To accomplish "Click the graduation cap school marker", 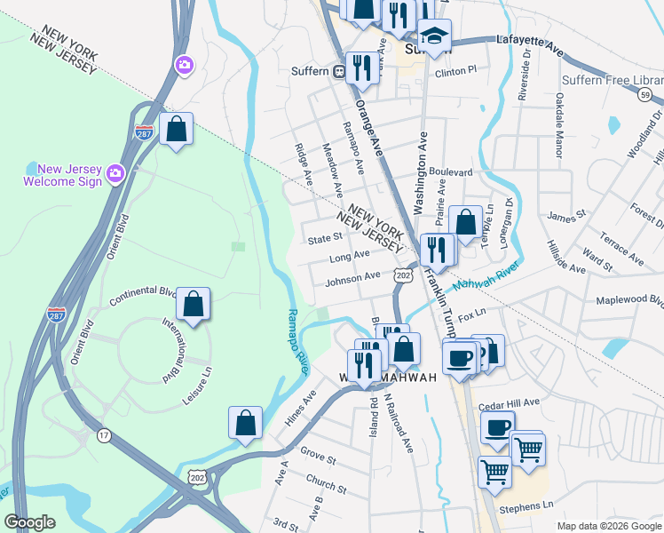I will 434,36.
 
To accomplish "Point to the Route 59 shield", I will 645,94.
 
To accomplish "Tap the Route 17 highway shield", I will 106,434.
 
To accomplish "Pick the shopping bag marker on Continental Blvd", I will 193,305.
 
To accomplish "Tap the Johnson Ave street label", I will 352,279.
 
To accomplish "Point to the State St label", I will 324,238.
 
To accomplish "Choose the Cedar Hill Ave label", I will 509,403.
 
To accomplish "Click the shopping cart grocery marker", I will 494,470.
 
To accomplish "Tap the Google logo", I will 29,522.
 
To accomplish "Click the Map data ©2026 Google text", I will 608,526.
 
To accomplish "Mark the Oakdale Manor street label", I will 559,124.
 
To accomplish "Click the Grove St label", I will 318,460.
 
